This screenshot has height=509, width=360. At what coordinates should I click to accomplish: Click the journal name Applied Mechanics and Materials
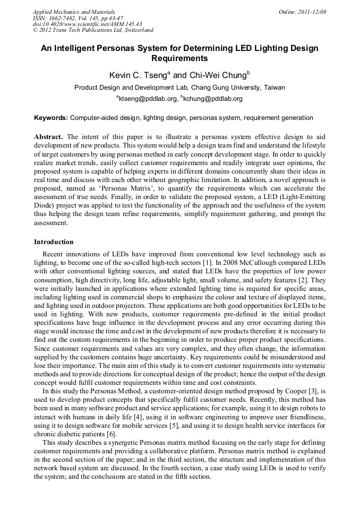pos(73,12)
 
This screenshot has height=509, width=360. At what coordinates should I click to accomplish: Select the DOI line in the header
pos(87,24)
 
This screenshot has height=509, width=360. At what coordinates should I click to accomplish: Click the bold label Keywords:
pos(51,118)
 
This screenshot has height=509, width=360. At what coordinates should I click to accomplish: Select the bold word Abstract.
pos(49,136)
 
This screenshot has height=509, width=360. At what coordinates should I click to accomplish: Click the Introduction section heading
pos(54,242)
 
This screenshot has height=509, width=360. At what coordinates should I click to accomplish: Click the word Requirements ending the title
pos(179,58)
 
